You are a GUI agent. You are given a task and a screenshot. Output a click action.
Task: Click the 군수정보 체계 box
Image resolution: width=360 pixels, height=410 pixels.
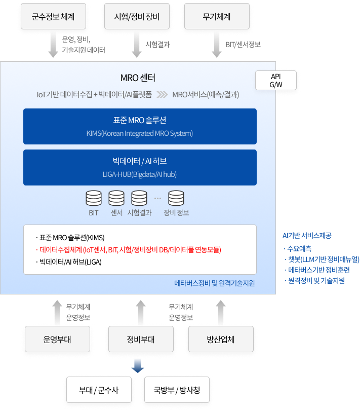pos(53,17)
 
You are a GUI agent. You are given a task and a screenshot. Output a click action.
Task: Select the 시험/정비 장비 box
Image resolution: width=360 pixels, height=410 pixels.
pos(137,17)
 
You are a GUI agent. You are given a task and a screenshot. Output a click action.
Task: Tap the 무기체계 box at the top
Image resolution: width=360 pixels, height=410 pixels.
pos(217,17)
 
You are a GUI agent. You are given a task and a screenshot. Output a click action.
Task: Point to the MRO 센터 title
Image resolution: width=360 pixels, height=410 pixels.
pos(138,78)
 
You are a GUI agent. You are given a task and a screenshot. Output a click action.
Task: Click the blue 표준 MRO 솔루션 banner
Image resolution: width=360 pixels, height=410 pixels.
pos(140,126)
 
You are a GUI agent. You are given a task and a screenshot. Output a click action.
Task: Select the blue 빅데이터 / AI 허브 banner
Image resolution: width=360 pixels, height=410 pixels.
pos(140,167)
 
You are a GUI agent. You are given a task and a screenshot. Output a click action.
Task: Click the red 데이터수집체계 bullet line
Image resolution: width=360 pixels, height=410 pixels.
pos(129,250)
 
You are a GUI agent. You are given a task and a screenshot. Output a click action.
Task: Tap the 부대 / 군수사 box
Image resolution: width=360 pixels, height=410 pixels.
pos(98,390)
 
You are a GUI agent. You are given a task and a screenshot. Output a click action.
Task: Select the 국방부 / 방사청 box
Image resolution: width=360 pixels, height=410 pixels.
pos(177,390)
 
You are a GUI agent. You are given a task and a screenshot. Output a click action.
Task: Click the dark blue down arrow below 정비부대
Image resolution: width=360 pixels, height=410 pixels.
pos(138,365)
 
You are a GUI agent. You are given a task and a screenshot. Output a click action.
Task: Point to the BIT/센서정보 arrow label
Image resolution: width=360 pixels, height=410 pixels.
pos(243,45)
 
